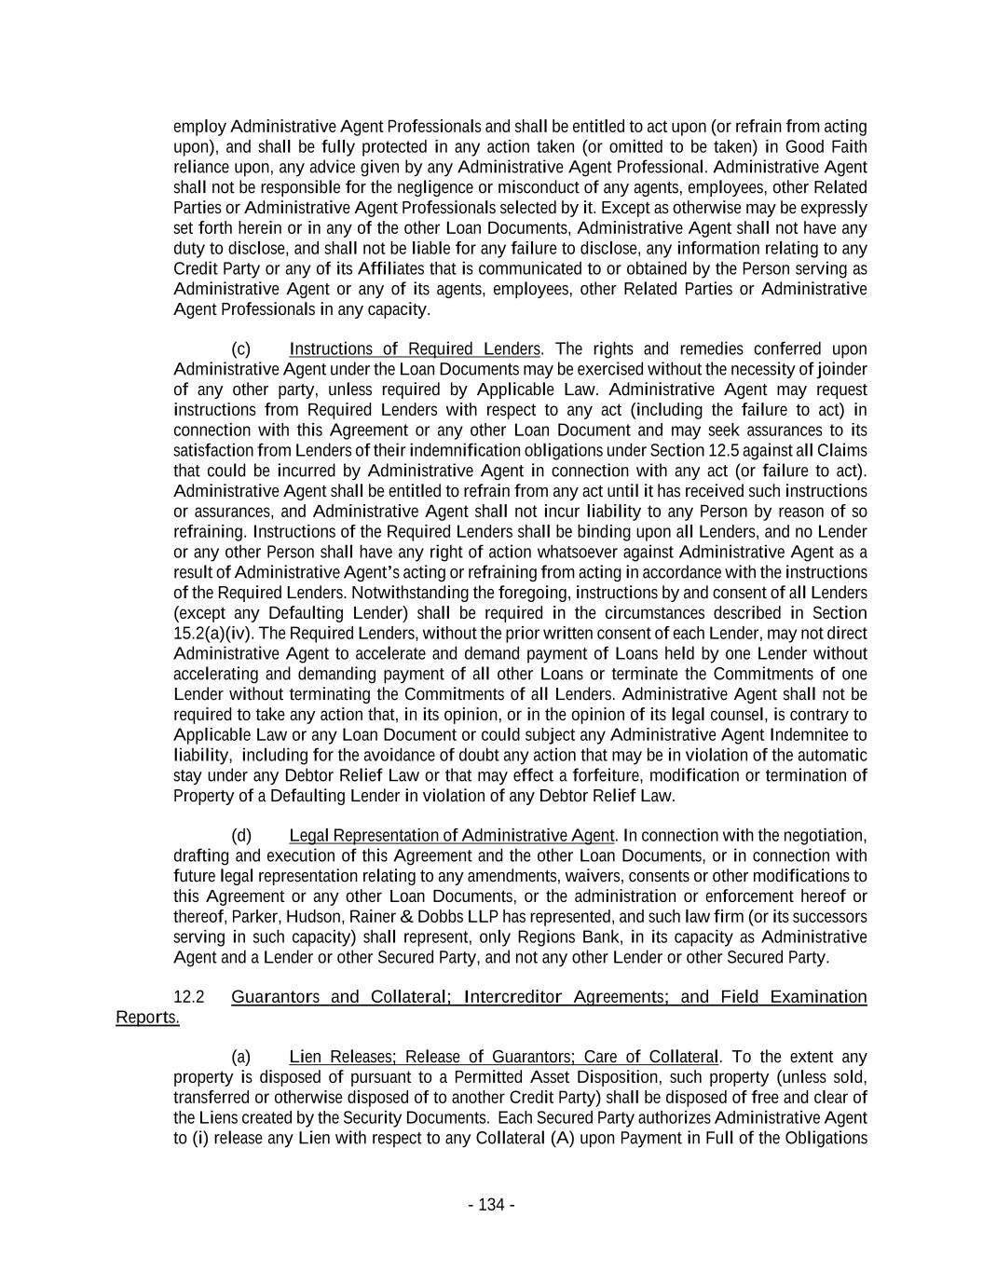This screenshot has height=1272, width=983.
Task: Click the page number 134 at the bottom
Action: (x=491, y=1205)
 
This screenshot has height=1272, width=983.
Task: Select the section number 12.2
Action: (x=189, y=997)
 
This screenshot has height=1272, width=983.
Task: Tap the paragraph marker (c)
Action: (x=240, y=349)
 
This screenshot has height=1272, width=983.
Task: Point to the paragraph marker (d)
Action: (x=240, y=835)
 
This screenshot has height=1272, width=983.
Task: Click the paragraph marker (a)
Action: (x=240, y=1057)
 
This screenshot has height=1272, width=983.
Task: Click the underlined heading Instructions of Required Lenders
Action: (x=415, y=349)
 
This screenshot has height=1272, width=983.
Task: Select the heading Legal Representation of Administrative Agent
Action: (x=452, y=835)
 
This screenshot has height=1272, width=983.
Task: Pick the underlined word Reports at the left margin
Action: (x=146, y=1017)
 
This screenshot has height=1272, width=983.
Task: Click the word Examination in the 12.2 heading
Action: (x=817, y=997)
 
